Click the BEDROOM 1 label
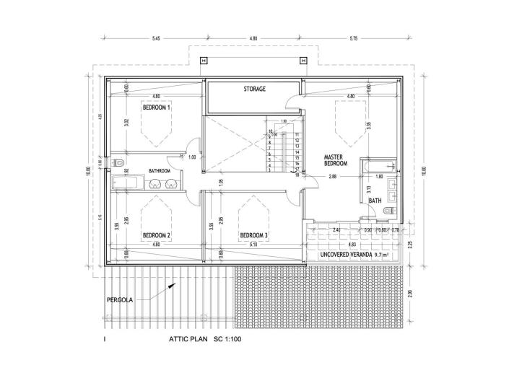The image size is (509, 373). tap(156, 107)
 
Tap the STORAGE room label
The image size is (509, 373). tap(253, 89)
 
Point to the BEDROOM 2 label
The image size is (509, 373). tap(156, 235)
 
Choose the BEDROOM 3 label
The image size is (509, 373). tap(254, 235)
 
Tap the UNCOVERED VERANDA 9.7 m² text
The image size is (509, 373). tap(354, 255)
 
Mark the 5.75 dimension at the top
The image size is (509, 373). tap(353, 37)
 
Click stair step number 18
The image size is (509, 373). tap(297, 175)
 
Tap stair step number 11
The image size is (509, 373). tap(297, 134)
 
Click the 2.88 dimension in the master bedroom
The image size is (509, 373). tap(332, 176)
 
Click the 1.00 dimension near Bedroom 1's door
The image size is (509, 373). tap(191, 157)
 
